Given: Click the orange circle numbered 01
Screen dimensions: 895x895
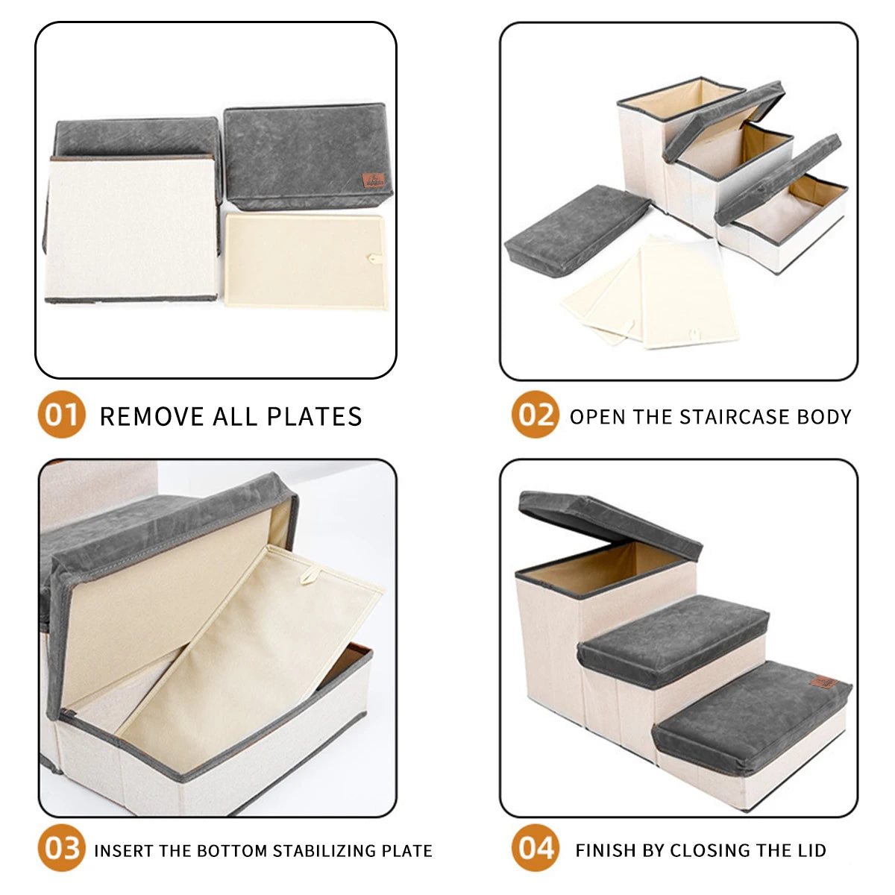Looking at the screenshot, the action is [61, 414].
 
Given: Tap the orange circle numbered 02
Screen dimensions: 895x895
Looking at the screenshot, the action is [535, 414].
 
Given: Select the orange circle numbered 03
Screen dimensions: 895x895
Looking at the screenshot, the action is [61, 847].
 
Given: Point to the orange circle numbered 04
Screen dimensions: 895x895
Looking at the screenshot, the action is [535, 847].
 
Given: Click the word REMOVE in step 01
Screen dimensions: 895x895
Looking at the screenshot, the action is [151, 416].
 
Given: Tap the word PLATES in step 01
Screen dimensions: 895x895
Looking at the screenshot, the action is [315, 416].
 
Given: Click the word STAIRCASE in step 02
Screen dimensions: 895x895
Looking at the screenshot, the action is [735, 417].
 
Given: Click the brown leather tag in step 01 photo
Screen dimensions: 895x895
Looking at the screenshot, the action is [374, 180].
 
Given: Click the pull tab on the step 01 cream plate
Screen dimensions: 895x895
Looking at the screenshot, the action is [374, 259].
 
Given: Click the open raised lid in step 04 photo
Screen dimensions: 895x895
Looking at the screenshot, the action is [609, 525].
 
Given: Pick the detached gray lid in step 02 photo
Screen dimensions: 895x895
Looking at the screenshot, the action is [576, 230].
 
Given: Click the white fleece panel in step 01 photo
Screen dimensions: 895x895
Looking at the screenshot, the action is [131, 227].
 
